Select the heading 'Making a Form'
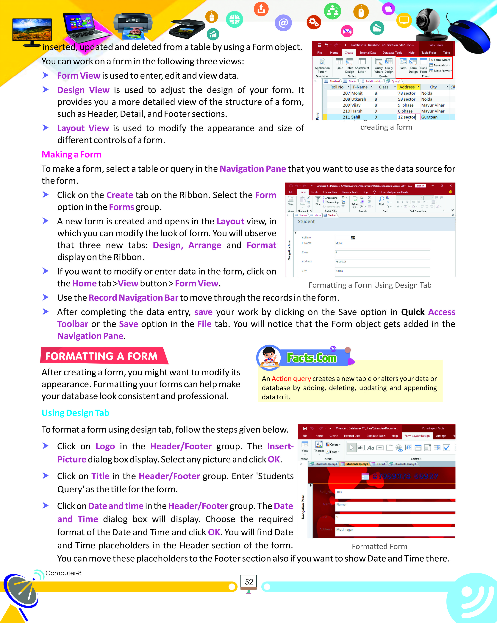[71, 155]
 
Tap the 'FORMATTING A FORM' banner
[101, 356]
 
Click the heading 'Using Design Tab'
[75, 413]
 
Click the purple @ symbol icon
[283, 23]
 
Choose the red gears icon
[313, 22]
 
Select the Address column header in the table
[407, 87]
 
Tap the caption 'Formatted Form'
[379, 546]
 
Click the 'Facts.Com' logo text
[311, 358]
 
